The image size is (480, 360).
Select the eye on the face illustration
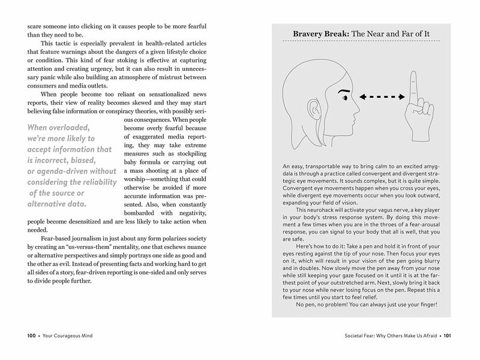pos(346,98)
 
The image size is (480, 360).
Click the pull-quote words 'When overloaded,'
pos(58,127)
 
